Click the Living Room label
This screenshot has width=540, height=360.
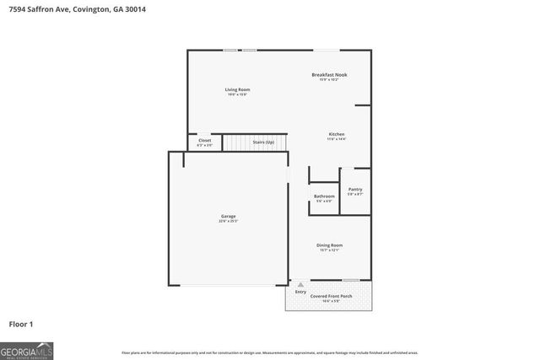pyautogui.click(x=237, y=89)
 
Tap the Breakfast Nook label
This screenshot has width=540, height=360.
pyautogui.click(x=329, y=74)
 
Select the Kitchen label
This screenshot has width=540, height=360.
pyautogui.click(x=337, y=134)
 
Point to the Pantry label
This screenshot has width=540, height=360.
pyautogui.click(x=355, y=190)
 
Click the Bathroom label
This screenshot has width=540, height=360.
pyautogui.click(x=325, y=196)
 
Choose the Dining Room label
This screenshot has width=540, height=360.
pyautogui.click(x=329, y=245)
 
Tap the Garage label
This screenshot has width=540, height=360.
pyautogui.click(x=229, y=217)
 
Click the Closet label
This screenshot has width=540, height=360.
pyautogui.click(x=205, y=141)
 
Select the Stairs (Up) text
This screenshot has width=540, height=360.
pyautogui.click(x=263, y=142)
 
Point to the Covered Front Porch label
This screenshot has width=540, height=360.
pyautogui.click(x=329, y=297)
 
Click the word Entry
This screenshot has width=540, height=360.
pyautogui.click(x=300, y=292)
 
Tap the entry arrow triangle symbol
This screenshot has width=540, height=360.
pyautogui.click(x=300, y=285)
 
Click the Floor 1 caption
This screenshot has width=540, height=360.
pyautogui.click(x=22, y=324)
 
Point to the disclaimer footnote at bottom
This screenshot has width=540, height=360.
pyautogui.click(x=270, y=352)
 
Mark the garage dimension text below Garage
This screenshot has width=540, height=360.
pyautogui.click(x=229, y=222)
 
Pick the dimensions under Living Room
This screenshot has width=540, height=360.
pyautogui.click(x=237, y=94)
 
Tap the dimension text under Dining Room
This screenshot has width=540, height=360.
pyautogui.click(x=329, y=250)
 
